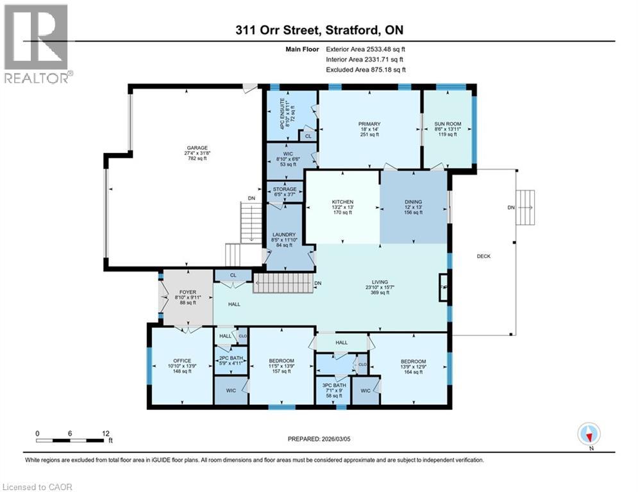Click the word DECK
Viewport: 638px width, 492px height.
pyautogui.click(x=483, y=256)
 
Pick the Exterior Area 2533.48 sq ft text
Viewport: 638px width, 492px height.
pyautogui.click(x=365, y=49)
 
